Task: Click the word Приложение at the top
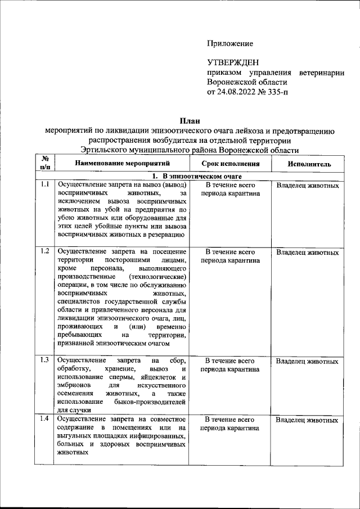(230, 43)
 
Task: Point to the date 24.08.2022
(239, 92)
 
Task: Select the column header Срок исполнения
(230, 164)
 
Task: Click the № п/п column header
(44, 163)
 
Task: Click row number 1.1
(45, 185)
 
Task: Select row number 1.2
(45, 251)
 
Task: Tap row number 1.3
(45, 360)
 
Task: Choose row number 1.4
(45, 420)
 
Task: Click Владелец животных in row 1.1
(308, 186)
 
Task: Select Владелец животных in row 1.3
(308, 361)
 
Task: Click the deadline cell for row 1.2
(230, 256)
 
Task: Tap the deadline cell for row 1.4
(230, 424)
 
